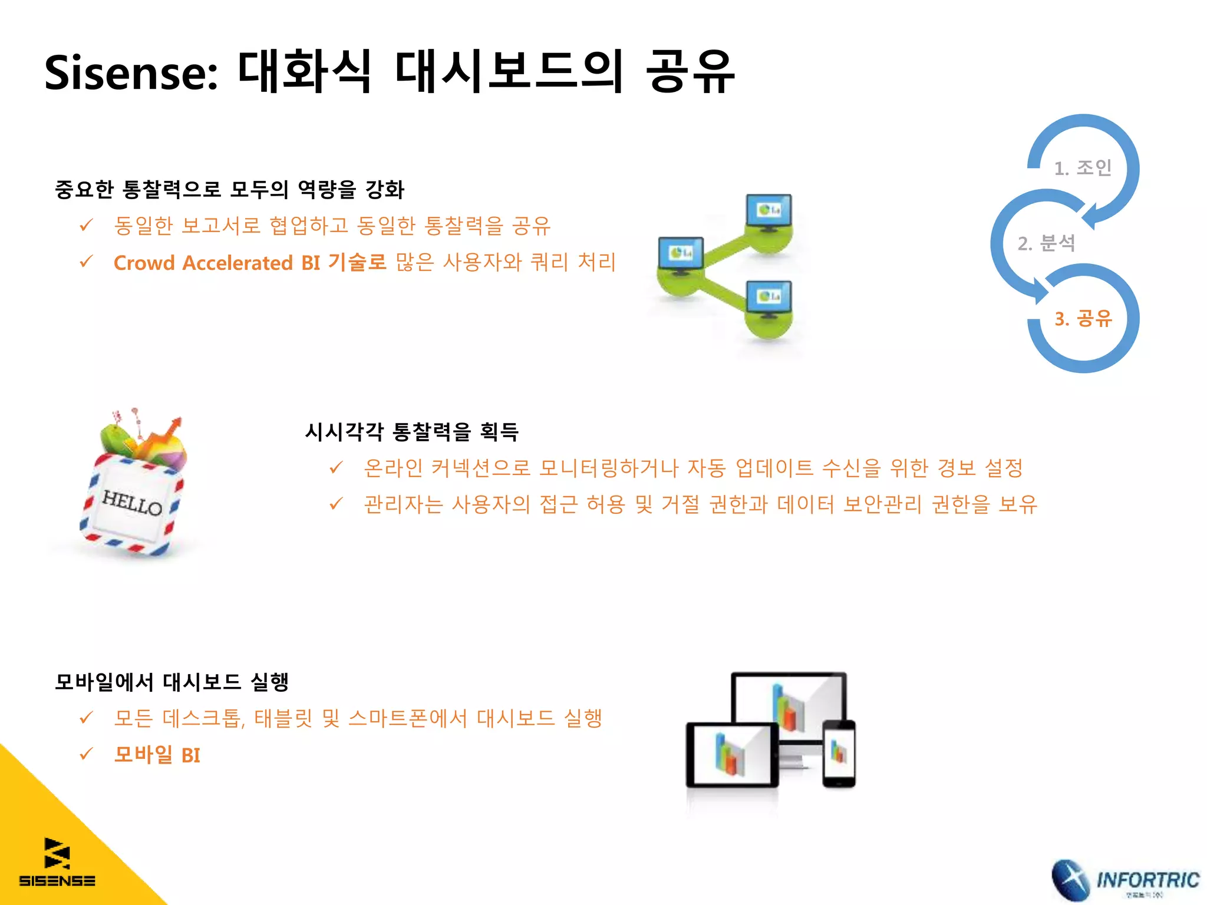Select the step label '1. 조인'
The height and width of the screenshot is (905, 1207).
tap(1083, 168)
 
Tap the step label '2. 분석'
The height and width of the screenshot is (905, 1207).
tap(1046, 243)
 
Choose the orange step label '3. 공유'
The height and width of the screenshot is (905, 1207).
tap(1083, 319)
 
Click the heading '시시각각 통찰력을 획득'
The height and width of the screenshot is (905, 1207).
tap(411, 432)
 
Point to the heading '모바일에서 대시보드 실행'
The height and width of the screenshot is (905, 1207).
tap(172, 682)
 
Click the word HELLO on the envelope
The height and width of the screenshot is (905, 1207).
tap(132, 503)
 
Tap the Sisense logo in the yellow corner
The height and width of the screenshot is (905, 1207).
tap(57, 862)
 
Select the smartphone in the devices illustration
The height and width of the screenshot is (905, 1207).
tap(838, 754)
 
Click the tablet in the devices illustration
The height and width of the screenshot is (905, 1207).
tap(732, 755)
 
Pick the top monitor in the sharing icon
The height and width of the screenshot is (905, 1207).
tap(769, 212)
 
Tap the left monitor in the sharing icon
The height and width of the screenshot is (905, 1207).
tap(681, 255)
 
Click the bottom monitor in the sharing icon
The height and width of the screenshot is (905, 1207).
tap(769, 298)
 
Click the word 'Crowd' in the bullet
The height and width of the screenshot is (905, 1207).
tap(144, 263)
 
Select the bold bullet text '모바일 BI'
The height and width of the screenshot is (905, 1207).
tap(157, 755)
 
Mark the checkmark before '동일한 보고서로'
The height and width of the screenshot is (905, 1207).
tap(86, 225)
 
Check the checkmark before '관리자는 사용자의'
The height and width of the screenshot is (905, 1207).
tap(336, 504)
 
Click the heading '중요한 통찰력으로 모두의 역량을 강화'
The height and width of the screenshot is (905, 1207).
tap(229, 190)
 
